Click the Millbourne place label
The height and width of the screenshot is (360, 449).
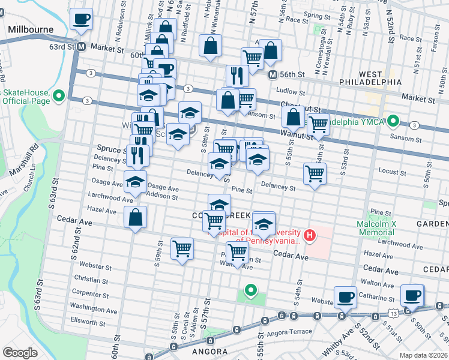[31, 29]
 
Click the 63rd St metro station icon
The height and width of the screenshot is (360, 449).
[81, 46]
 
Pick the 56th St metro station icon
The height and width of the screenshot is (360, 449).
[272, 75]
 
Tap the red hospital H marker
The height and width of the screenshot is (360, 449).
[309, 234]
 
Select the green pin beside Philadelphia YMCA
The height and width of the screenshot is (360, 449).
[393, 121]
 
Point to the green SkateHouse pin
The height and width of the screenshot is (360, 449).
[59, 96]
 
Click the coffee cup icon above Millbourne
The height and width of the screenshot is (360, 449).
[82, 19]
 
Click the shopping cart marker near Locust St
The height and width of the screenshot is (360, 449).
[315, 174]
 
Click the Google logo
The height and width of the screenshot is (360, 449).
[20, 353]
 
